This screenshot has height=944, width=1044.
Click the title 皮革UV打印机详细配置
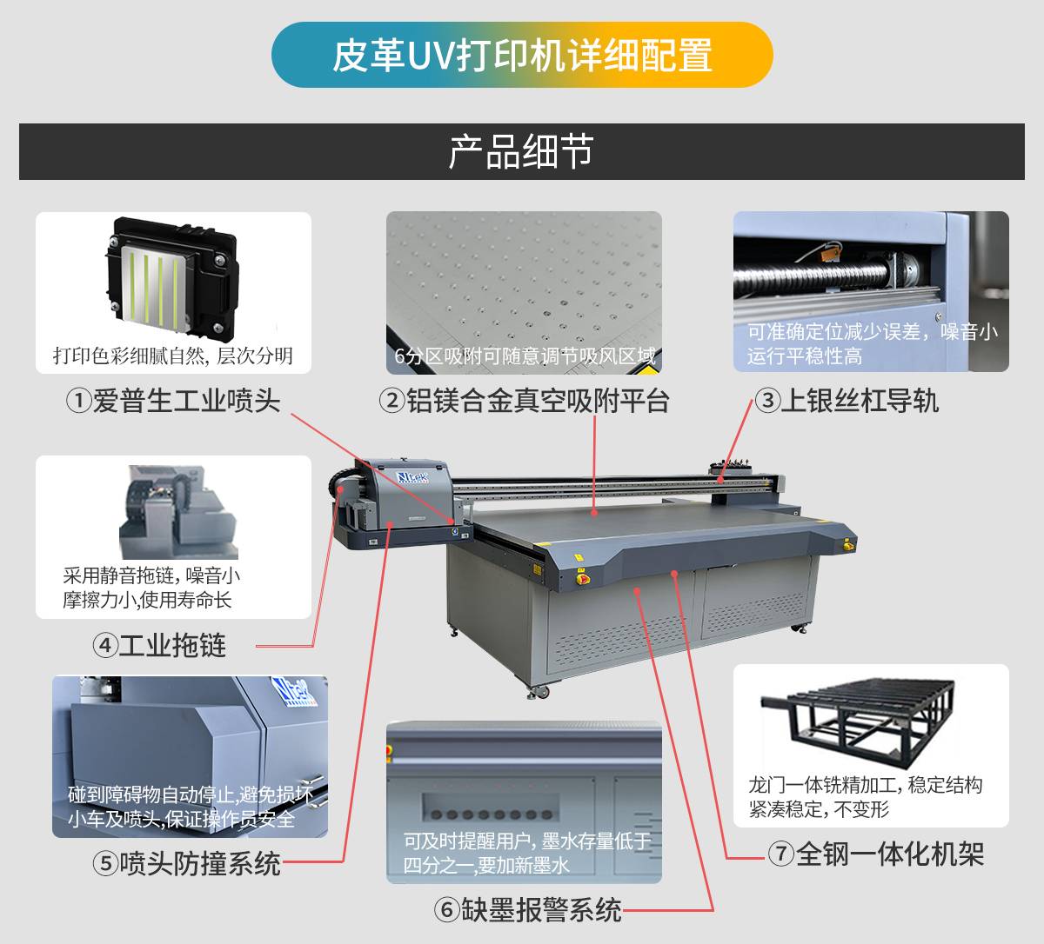522,55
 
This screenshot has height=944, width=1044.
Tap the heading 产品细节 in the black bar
521,151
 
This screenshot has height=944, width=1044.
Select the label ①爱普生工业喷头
173,401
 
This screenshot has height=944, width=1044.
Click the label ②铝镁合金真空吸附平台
524,401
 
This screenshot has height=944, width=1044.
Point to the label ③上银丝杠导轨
847,401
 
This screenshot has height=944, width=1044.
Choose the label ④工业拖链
159,646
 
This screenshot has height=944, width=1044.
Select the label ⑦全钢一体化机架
876,854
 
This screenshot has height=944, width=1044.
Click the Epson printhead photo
172,276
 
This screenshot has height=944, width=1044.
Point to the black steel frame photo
858,723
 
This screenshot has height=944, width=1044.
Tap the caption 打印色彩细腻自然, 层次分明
173,356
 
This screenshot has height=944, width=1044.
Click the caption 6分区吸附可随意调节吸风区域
525,356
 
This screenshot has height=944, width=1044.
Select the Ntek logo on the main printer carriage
412,477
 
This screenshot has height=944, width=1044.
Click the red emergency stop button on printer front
582,578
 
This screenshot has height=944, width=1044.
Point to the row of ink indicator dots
492,814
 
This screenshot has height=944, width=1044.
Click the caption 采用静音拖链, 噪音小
151,575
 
